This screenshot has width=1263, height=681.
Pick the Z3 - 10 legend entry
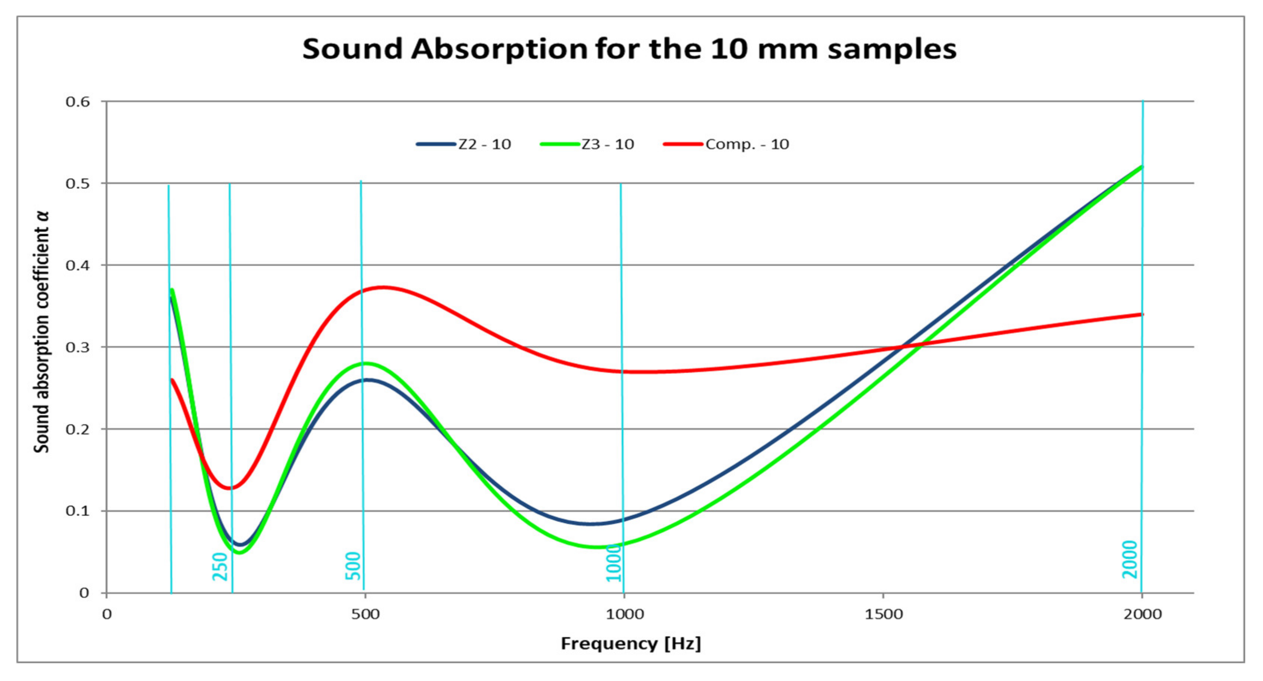(587, 144)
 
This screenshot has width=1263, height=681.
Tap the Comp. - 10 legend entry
(726, 144)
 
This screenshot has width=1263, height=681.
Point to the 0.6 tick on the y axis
(78, 101)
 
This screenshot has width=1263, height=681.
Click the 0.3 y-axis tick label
(78, 347)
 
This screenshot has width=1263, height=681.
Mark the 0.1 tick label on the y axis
(78, 511)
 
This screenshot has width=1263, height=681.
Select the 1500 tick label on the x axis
(883, 614)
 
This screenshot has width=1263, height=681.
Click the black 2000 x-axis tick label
(1142, 614)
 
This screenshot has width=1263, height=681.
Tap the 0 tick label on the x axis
(106, 614)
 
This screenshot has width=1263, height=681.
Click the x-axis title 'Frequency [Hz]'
(630, 643)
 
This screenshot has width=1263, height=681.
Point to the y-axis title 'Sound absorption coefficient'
(42, 332)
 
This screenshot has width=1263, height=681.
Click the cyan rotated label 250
(220, 566)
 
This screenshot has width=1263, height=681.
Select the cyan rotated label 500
(353, 566)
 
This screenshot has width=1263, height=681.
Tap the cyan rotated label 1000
(614, 563)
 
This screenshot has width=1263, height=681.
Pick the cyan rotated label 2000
(1130, 560)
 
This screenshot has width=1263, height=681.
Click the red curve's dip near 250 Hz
(230, 488)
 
